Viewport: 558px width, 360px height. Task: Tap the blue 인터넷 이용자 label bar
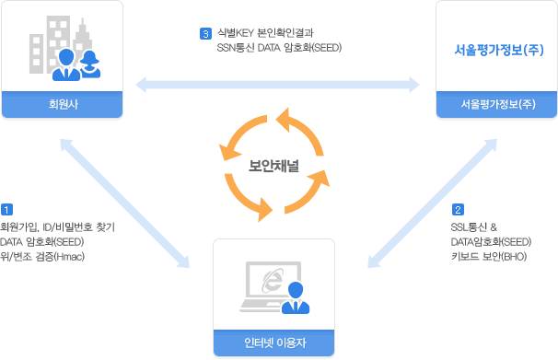pos(273,343)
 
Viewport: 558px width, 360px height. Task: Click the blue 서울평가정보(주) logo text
pos(496,52)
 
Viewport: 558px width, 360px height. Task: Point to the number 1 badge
pos(6,209)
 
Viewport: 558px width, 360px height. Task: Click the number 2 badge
pos(458,209)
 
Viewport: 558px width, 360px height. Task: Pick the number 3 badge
pos(205,34)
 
